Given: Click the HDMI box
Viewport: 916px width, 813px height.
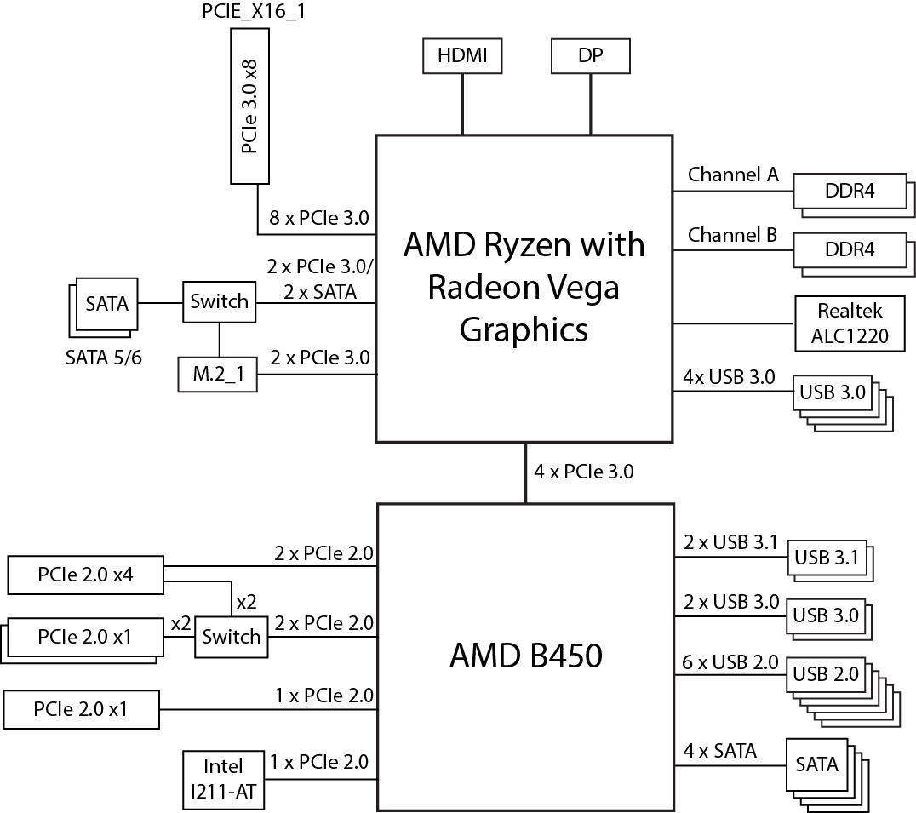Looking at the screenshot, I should click(x=462, y=56).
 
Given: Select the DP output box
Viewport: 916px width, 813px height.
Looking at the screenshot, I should click(x=591, y=56).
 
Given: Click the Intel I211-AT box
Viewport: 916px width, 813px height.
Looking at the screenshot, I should click(x=224, y=779).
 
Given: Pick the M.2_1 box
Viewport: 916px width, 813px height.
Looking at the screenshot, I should click(x=216, y=375).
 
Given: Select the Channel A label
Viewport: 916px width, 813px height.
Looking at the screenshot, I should click(x=732, y=175).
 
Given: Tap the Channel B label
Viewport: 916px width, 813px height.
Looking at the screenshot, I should click(x=732, y=234).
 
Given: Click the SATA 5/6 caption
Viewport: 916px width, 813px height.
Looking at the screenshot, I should click(x=104, y=357).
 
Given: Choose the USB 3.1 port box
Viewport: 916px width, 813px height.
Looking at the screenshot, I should click(x=826, y=558).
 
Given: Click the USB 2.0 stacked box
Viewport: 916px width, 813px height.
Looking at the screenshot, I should click(x=827, y=674).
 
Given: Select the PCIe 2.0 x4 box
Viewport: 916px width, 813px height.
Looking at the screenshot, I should click(x=85, y=575).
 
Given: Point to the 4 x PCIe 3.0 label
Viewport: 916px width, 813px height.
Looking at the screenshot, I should click(x=583, y=471).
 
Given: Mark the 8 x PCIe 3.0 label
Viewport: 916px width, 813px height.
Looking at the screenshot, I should click(x=319, y=217).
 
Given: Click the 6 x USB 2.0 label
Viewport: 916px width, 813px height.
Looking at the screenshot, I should click(x=730, y=661).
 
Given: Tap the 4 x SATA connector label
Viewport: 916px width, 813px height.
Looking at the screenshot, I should click(x=719, y=751).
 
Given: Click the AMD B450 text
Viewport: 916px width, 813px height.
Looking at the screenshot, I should click(x=525, y=656).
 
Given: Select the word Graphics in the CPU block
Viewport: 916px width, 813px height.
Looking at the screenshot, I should click(x=524, y=329).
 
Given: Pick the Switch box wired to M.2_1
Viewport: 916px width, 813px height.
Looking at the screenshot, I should click(x=220, y=301).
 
